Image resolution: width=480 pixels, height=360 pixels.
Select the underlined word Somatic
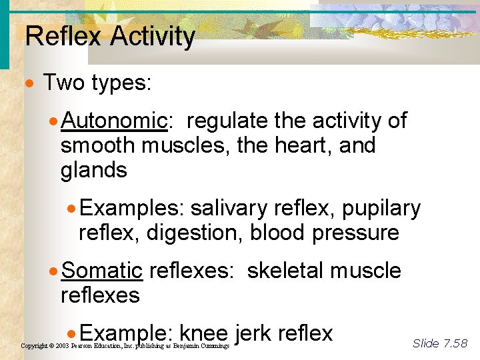click(102, 271)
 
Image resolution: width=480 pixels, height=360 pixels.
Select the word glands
click(93, 170)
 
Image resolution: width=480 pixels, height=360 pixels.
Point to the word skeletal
click(285, 271)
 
